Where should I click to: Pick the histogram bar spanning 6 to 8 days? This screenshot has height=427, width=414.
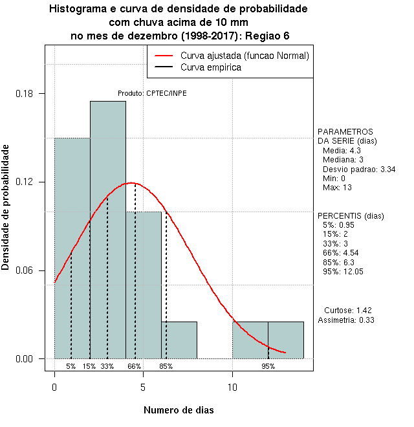tap(179, 340)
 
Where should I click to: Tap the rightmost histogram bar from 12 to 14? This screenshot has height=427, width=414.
tap(286, 340)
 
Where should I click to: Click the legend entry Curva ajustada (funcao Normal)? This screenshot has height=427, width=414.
tap(245, 56)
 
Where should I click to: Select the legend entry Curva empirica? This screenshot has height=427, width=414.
tap(211, 67)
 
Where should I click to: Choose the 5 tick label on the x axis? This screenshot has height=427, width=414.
tap(144, 388)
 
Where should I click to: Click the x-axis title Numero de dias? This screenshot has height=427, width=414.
tap(178, 410)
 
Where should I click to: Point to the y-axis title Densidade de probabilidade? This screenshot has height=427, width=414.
tap(6, 207)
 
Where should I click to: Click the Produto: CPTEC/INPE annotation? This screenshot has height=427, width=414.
tap(152, 93)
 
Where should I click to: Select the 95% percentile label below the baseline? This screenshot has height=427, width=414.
tap(268, 366)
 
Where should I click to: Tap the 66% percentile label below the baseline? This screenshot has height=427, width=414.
tap(134, 366)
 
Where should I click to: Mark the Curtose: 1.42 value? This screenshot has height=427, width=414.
tap(347, 310)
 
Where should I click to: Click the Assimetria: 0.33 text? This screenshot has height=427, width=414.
tap(346, 320)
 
